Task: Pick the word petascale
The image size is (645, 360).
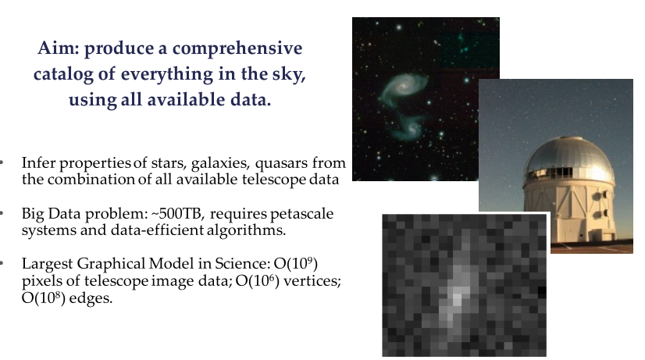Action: [x=301, y=214]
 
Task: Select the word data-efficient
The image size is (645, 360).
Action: [x=157, y=230]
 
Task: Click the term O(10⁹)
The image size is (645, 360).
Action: [x=296, y=263]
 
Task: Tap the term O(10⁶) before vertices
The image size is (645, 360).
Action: [x=258, y=280]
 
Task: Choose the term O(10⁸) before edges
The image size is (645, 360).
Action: [x=43, y=298]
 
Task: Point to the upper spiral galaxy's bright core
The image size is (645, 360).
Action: [x=404, y=86]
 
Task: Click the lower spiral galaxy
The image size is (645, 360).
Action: [x=407, y=128]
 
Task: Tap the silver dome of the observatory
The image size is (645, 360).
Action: [x=569, y=156]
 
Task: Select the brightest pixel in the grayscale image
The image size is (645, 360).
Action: [x=457, y=298]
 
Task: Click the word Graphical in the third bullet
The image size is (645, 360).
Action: [x=111, y=264]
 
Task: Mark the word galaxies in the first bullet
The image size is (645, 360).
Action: [x=220, y=163]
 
